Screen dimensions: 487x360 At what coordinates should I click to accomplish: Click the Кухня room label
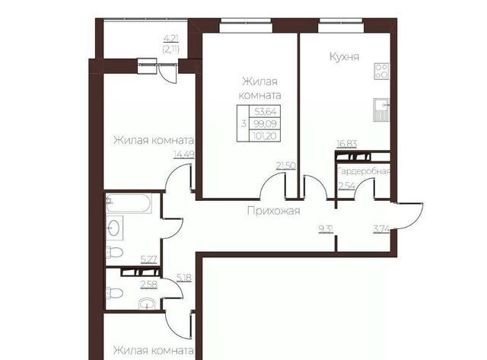(x=344, y=57)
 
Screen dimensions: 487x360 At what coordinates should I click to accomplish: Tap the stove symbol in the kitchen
(x=381, y=71)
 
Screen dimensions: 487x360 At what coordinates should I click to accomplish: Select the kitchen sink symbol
(x=381, y=110)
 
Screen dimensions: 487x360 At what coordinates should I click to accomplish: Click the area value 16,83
(x=347, y=144)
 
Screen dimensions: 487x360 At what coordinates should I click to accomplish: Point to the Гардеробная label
(x=364, y=171)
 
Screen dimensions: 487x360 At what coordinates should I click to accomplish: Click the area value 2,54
(x=347, y=186)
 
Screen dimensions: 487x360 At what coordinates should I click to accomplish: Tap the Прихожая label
(x=274, y=211)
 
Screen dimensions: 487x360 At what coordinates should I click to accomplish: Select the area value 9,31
(x=326, y=229)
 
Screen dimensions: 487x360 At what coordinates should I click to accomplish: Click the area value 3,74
(x=381, y=229)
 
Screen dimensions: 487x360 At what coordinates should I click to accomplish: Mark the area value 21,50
(x=286, y=166)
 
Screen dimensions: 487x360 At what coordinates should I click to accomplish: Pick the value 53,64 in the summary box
(x=265, y=112)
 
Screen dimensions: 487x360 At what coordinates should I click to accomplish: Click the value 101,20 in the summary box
(x=265, y=135)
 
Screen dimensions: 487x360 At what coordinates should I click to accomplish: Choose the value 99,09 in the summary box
(x=265, y=123)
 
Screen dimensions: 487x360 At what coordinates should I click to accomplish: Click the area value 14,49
(x=184, y=155)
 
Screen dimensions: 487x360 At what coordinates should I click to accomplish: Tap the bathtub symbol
(x=129, y=203)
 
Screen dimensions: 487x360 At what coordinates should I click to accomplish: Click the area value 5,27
(x=149, y=259)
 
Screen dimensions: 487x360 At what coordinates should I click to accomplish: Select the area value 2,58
(x=149, y=284)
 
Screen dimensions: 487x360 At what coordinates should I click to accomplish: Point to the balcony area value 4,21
(x=171, y=39)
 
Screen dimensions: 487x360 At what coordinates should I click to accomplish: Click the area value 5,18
(x=184, y=278)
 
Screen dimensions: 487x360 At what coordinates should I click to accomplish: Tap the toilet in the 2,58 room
(x=114, y=293)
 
